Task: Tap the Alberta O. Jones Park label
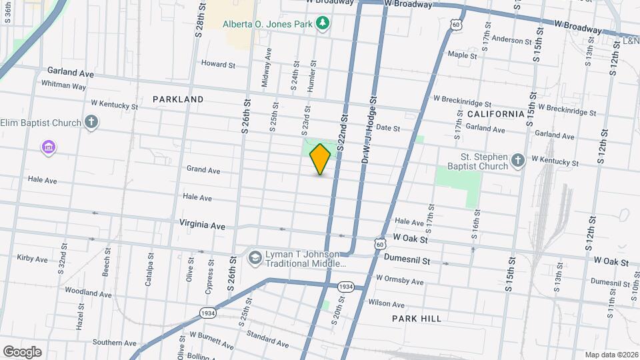(268, 23)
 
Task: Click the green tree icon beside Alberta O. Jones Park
(323, 23)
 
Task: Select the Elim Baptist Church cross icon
(92, 122)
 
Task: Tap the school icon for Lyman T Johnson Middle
(255, 257)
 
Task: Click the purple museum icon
(48, 147)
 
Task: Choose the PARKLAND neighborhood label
(178, 99)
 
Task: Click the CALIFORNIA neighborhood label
(496, 114)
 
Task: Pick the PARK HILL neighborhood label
(417, 319)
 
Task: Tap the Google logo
(21, 351)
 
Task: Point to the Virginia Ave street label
(202, 225)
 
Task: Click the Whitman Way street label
(63, 85)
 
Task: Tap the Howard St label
(219, 65)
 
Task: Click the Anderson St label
(510, 40)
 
